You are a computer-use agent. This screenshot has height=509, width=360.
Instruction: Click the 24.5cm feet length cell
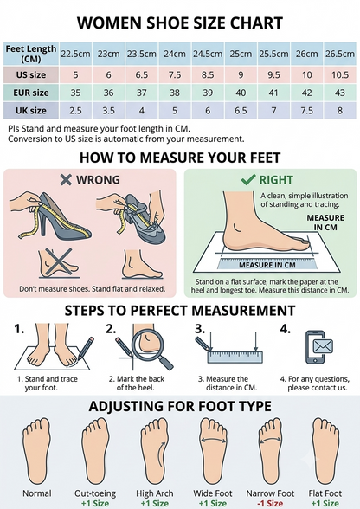[x=208, y=54]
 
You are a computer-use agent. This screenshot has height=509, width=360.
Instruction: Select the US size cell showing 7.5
[x=175, y=75]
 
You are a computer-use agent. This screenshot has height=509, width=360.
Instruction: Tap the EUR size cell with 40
[x=241, y=93]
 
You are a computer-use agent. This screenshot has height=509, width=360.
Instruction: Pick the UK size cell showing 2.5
[x=75, y=111]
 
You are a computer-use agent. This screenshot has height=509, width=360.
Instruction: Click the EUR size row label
[x=31, y=93]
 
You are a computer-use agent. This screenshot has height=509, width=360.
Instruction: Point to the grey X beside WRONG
[x=66, y=179]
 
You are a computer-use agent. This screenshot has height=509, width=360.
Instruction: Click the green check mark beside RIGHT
[x=248, y=179]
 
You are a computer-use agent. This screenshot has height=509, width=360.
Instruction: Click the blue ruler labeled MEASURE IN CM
[x=267, y=264]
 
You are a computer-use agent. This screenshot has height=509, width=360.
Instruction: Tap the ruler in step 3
[x=235, y=357]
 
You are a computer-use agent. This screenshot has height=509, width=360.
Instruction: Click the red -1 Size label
[x=270, y=504]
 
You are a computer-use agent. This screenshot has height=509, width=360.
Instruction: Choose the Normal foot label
[x=37, y=493]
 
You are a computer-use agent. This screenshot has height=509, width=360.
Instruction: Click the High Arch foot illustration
[x=155, y=451]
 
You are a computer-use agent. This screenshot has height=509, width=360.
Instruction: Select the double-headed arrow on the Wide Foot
[x=213, y=439]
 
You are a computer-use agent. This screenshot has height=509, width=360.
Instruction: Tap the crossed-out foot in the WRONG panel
[x=59, y=263]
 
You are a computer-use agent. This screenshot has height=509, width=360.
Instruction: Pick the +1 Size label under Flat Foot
[x=325, y=504]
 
